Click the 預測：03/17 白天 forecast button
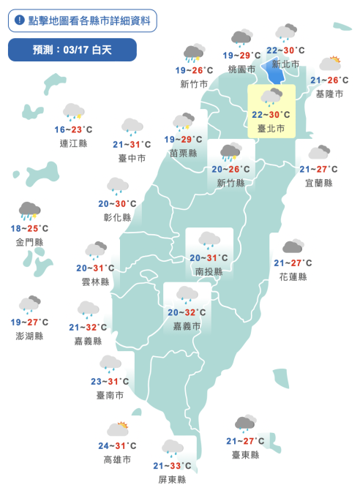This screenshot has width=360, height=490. (72, 50)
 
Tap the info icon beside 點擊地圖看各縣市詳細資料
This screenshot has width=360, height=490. (19, 20)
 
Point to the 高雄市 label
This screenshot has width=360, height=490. (117, 459)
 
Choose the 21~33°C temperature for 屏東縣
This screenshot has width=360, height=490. (173, 466)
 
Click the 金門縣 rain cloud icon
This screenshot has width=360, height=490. (29, 211)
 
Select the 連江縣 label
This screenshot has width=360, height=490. (73, 143)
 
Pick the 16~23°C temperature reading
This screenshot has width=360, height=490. (73, 129)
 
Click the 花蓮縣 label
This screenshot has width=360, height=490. (293, 276)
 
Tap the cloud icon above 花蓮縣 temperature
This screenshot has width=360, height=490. (293, 246)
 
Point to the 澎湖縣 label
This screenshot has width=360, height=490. (29, 335)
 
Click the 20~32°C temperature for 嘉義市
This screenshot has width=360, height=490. (187, 312)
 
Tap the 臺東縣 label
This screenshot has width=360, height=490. (245, 454)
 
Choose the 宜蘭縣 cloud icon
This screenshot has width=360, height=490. (318, 152)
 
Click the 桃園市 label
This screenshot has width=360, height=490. (241, 69)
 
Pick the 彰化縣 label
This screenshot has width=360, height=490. (117, 217)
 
